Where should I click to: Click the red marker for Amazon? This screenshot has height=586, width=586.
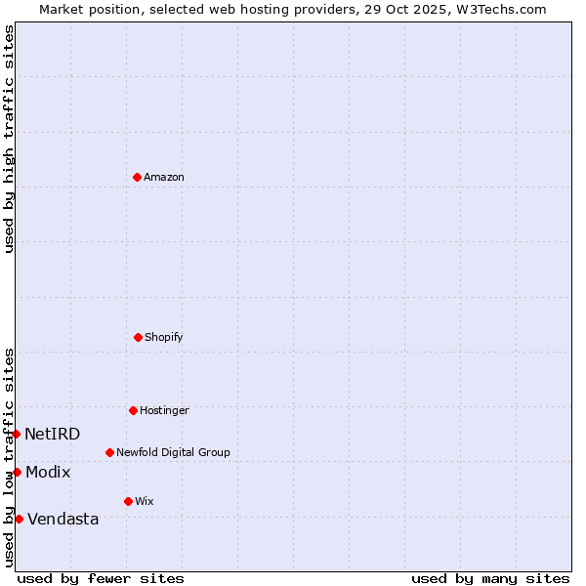tap(137, 177)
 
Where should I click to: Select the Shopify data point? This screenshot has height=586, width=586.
tap(138, 337)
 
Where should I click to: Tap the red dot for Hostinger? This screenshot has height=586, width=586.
tap(133, 410)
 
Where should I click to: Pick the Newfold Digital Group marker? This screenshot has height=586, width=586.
tap(109, 452)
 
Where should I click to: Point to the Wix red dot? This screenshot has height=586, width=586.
tap(128, 501)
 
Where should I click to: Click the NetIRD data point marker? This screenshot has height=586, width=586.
tap(17, 434)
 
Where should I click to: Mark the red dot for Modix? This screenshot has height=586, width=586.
tap(17, 472)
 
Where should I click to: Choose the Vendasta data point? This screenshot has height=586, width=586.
tap(19, 519)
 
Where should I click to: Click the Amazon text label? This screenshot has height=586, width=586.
tap(164, 177)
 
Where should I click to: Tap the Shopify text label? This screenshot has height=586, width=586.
tap(164, 337)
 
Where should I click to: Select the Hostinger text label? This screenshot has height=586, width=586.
tap(164, 410)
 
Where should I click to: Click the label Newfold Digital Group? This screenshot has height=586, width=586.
tap(173, 452)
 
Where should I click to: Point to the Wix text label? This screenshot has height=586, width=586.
tap(145, 501)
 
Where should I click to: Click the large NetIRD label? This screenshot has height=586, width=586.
tap(53, 434)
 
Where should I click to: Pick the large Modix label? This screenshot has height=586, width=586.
tap(48, 472)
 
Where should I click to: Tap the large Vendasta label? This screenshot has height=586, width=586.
tap(63, 519)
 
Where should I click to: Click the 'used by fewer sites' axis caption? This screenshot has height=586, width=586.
tap(101, 578)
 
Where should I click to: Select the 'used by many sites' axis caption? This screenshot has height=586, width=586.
tap(490, 578)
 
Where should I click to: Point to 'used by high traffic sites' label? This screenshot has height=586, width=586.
tap(9, 139)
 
